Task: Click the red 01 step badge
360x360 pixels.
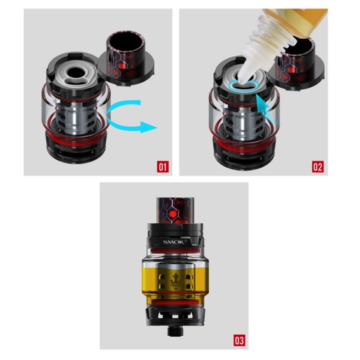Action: (163, 166)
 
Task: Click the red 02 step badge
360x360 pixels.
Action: (318, 166)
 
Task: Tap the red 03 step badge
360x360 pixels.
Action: (239, 341)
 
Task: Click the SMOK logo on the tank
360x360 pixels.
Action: (174, 242)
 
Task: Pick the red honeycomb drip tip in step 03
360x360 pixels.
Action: (175, 210)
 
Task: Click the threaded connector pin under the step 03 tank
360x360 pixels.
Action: (175, 331)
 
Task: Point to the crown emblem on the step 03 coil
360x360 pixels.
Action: (175, 282)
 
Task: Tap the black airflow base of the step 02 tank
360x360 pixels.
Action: (243, 153)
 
